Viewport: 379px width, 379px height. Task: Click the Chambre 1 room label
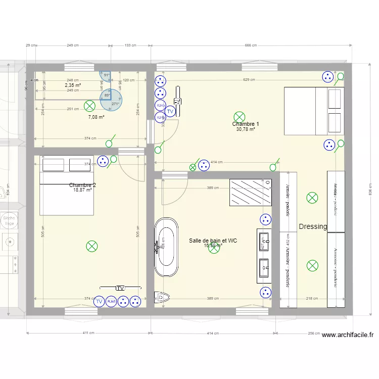[246, 124]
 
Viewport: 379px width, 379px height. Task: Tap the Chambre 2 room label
[82, 185]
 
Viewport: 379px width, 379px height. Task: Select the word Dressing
[313, 226]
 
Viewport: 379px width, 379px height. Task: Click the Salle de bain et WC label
[213, 241]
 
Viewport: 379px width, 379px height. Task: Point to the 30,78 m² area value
[246, 129]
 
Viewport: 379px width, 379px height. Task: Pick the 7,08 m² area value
[96, 117]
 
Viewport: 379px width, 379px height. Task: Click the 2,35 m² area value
[73, 85]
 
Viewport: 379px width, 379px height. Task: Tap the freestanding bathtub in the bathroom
[166, 247]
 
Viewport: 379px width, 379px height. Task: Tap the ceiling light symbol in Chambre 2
[91, 246]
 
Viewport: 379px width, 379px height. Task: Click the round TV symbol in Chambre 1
[170, 112]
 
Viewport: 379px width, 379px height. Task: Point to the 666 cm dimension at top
[251, 45]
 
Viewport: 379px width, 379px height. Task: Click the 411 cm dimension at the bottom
[89, 333]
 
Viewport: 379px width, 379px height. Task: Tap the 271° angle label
[115, 104]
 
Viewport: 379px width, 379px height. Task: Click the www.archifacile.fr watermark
[347, 335]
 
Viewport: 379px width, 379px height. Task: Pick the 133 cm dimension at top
[130, 45]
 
